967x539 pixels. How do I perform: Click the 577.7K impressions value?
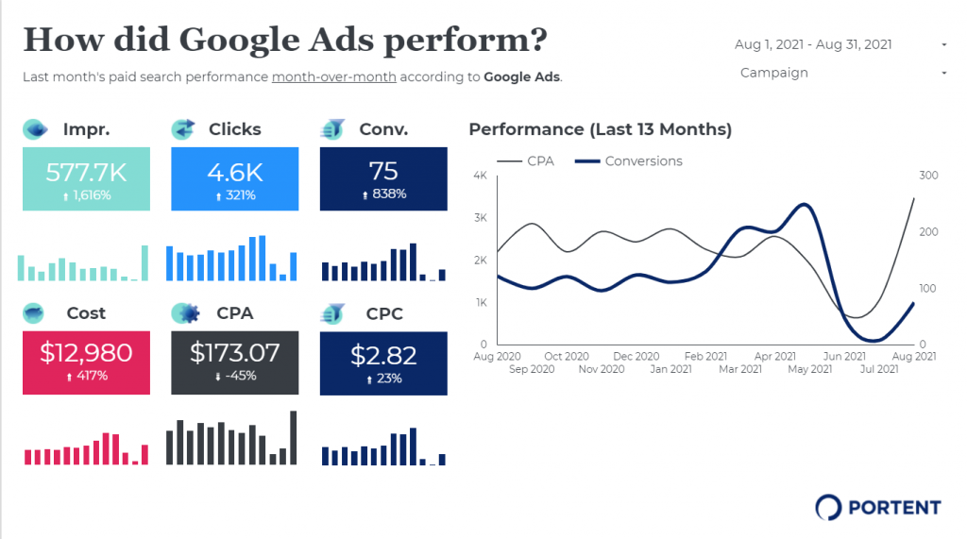point(86,171)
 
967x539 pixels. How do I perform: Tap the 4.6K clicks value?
point(234,171)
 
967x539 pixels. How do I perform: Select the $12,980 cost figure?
point(86,353)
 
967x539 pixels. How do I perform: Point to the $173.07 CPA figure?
point(234,353)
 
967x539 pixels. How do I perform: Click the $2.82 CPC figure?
point(383,354)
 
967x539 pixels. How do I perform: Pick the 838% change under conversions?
point(383,194)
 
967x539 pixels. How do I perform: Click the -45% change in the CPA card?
point(234,376)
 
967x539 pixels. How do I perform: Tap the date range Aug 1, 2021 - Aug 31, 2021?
point(813,44)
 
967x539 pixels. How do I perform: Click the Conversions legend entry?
point(643,161)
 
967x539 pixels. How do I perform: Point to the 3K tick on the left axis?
point(480,218)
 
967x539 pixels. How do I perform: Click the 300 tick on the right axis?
point(927,176)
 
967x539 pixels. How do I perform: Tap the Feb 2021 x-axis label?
point(705,357)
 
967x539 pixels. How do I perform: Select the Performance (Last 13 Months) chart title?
point(600,129)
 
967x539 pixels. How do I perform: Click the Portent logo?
point(878,507)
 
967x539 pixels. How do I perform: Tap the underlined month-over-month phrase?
point(333,77)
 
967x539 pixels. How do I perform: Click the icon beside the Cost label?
point(35,312)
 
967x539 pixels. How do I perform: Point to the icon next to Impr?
point(35,129)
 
